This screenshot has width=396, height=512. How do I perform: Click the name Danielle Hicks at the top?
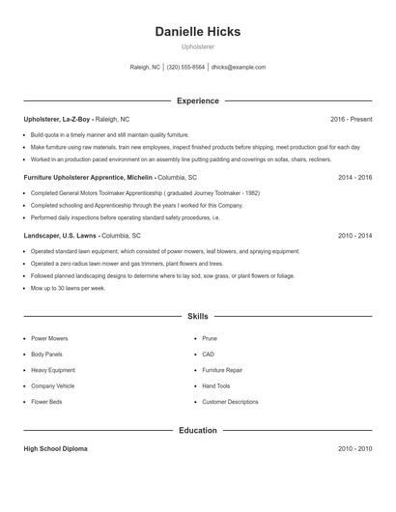pyautogui.click(x=197, y=32)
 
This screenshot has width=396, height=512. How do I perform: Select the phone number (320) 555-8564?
pyautogui.click(x=185, y=68)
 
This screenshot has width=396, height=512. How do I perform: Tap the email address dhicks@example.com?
pyautogui.click(x=238, y=68)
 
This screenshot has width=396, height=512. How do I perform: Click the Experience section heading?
pyautogui.click(x=197, y=100)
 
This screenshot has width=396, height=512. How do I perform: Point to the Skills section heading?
pyautogui.click(x=197, y=316)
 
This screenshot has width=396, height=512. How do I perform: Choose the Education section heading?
pyautogui.click(x=197, y=430)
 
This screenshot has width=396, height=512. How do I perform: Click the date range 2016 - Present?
pyautogui.click(x=351, y=119)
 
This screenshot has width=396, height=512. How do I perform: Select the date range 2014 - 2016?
pyautogui.click(x=354, y=178)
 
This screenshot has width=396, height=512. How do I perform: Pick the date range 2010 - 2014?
pyautogui.click(x=354, y=236)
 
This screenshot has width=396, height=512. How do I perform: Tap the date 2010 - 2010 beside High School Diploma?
pyautogui.click(x=354, y=449)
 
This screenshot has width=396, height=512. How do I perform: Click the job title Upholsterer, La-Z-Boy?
pyautogui.click(x=57, y=119)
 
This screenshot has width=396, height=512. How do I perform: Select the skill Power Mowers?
pyautogui.click(x=49, y=339)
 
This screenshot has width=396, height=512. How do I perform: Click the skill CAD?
pyautogui.click(x=209, y=355)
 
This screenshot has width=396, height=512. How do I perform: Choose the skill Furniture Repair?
pyautogui.click(x=223, y=370)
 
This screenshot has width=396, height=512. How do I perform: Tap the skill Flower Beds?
pyautogui.click(x=46, y=401)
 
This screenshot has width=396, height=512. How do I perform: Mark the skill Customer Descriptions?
pyautogui.click(x=230, y=401)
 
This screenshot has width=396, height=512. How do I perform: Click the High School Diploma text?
pyautogui.click(x=56, y=449)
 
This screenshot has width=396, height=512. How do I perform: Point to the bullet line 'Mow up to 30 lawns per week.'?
pyautogui.click(x=68, y=288)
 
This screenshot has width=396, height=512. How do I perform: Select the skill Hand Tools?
pyautogui.click(x=216, y=385)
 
